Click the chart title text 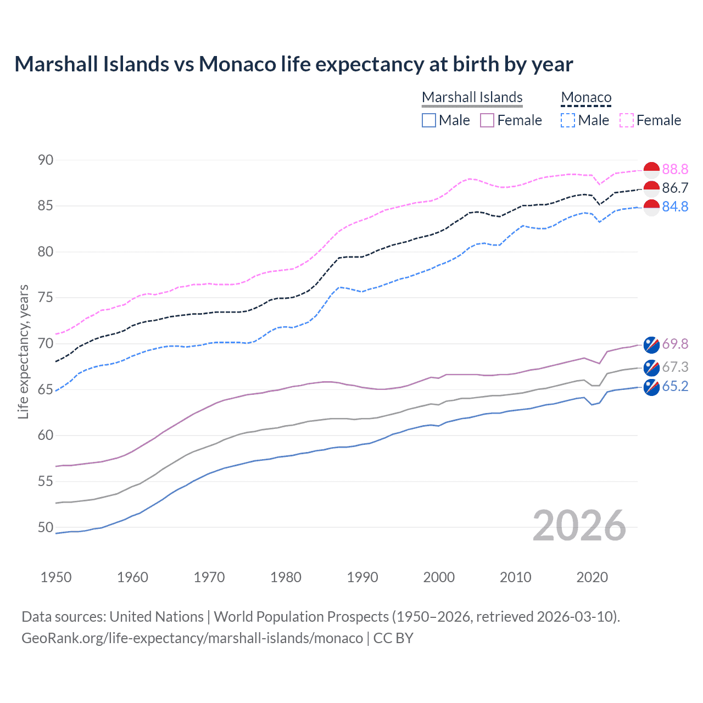293,64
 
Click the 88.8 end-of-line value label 675,169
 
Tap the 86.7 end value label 675,188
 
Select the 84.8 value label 675,207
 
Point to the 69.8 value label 675,344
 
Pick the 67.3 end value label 675,367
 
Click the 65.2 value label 675,386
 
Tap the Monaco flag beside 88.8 651,170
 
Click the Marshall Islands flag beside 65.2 651,387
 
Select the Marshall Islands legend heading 472,97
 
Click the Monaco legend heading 586,97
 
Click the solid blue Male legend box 429,120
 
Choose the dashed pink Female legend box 627,120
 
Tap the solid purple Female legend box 487,120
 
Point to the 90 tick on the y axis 46,160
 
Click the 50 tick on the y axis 46,527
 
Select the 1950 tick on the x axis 56,577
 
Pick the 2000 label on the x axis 439,577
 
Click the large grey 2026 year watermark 579,526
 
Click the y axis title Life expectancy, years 24,351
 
